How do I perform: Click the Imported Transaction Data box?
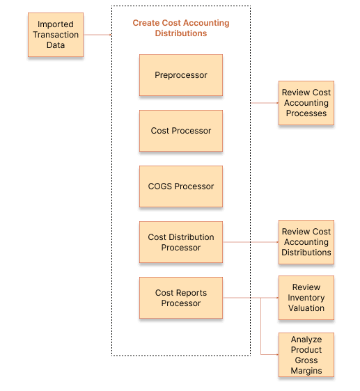point(56,35)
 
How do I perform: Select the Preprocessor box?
point(181,75)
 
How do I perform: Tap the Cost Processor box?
point(181,131)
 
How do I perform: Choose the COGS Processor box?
point(181,186)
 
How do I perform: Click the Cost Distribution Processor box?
point(181,242)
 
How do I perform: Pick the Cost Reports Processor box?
point(181,298)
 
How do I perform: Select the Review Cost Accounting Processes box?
point(306,103)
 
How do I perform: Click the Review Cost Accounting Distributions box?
point(306,242)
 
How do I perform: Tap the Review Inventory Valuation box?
point(306,298)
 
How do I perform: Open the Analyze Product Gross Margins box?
point(306,355)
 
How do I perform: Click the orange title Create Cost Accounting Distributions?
point(181,28)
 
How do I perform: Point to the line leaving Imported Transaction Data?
point(98,35)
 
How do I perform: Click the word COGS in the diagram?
point(162,186)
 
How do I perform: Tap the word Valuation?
point(306,308)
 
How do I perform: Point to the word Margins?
point(306,371)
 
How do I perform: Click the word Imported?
point(56,24)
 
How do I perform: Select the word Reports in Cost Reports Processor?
point(190,293)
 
